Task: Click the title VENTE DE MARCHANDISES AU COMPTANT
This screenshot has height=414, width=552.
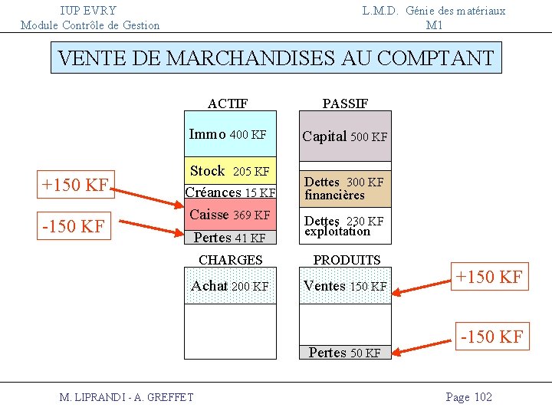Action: coord(276,58)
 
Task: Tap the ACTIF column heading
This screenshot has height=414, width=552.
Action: coord(228,103)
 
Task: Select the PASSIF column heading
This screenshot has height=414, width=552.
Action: coord(345,103)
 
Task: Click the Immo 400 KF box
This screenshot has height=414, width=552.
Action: coord(229,136)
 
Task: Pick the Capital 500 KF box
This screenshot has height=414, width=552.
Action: coord(344,136)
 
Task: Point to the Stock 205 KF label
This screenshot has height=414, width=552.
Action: coord(229,171)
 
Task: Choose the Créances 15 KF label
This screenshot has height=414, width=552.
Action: coord(230,192)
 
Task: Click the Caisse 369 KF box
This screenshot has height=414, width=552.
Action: coord(229,215)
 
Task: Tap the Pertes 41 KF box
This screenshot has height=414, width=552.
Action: coord(229,238)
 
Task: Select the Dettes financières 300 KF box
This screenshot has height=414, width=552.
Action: coord(344,189)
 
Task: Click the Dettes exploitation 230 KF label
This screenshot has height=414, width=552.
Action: coord(344,226)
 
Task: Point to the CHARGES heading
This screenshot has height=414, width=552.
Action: coord(230,260)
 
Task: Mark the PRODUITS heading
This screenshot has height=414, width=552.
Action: coord(347,260)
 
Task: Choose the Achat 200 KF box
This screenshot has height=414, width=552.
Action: coord(229,286)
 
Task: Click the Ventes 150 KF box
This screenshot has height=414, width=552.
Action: coord(344,286)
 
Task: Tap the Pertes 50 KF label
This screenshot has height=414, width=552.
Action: coord(344,353)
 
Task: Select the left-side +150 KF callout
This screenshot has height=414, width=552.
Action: coord(75,185)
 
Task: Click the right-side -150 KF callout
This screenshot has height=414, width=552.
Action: coord(491,336)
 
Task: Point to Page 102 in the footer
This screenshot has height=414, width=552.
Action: coord(468,396)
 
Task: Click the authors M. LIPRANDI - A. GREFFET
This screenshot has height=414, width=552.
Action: coord(127,396)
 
